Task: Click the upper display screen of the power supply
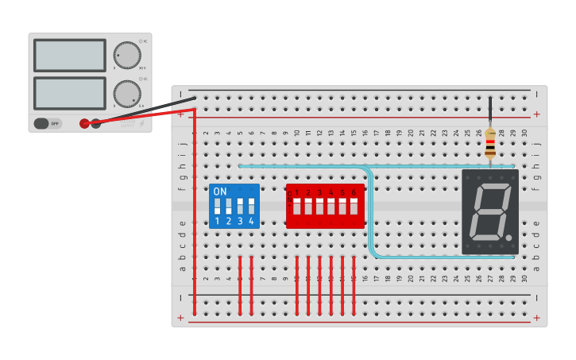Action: (70, 55)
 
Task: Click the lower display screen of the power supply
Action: (70, 93)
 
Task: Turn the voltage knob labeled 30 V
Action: (127, 55)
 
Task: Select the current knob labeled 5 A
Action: (127, 93)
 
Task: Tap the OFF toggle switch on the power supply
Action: (47, 123)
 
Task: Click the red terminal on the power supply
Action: (84, 123)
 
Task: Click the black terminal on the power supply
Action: (96, 123)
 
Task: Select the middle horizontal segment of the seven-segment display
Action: (489, 211)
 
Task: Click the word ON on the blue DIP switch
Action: (220, 192)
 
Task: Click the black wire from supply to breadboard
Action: (151, 110)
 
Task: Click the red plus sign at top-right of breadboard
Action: (536, 114)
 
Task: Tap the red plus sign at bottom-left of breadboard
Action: (181, 318)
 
